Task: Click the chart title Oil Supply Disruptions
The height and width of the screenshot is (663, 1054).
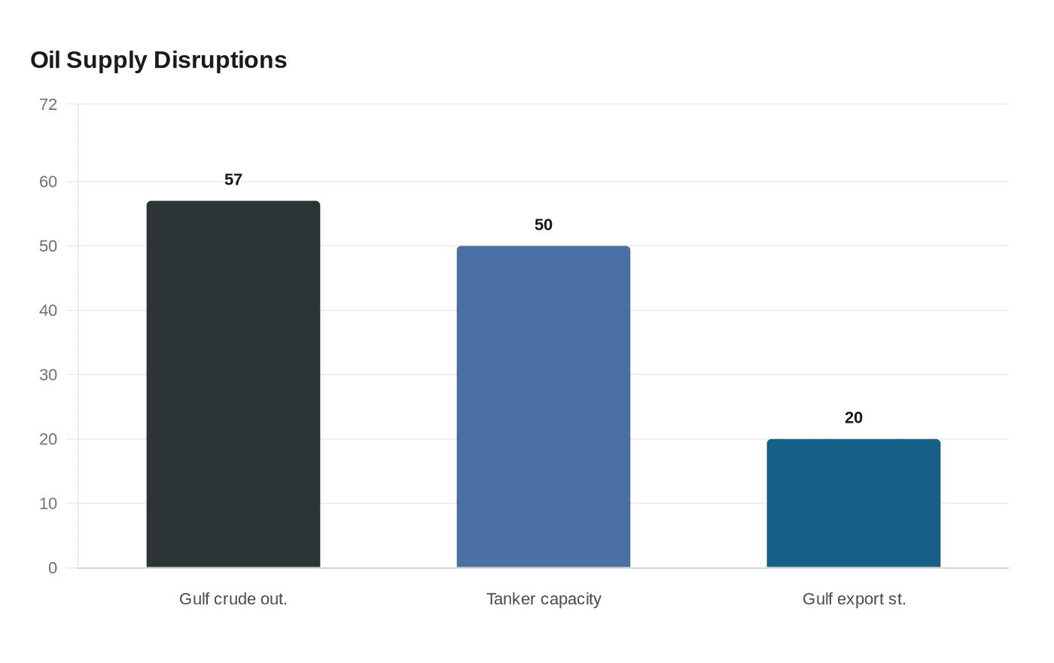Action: (x=158, y=60)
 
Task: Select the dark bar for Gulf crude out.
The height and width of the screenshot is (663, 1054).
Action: (x=233, y=384)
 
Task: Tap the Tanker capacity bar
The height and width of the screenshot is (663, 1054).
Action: (x=544, y=407)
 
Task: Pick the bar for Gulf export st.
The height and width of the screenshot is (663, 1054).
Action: (x=854, y=503)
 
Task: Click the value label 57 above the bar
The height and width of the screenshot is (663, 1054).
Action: (x=233, y=180)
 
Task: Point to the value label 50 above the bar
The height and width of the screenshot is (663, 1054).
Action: (x=544, y=225)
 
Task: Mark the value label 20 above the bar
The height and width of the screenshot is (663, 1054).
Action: (x=854, y=418)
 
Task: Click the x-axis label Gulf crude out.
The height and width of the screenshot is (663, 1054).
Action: (x=233, y=599)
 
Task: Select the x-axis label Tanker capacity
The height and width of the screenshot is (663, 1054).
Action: (x=544, y=599)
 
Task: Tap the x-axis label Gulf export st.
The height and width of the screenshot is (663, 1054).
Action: (x=854, y=599)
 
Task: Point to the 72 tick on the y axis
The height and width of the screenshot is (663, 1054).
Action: (x=48, y=105)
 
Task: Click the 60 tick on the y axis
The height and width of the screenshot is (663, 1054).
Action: (x=48, y=182)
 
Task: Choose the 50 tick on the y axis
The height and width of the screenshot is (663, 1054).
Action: (x=48, y=246)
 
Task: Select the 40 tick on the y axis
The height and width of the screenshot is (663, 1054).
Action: (x=48, y=310)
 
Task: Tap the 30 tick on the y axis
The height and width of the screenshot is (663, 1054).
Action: (x=48, y=375)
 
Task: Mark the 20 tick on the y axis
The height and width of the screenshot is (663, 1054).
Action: (x=48, y=439)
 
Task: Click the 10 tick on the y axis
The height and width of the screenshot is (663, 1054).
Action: (x=48, y=503)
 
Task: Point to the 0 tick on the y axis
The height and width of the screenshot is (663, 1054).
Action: (x=53, y=568)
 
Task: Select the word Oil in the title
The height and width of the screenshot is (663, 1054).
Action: (x=44, y=60)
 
